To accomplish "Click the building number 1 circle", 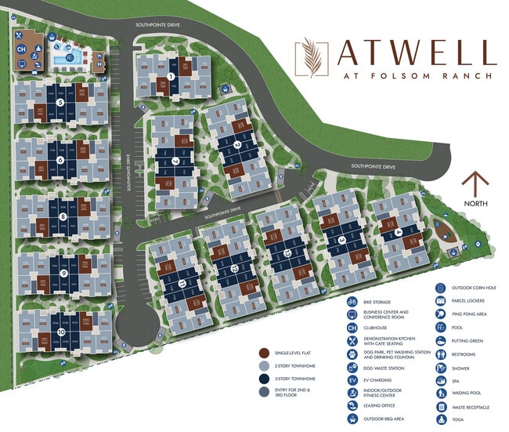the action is pyautogui.click(x=171, y=76).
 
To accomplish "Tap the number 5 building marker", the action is pyautogui.click(x=60, y=102).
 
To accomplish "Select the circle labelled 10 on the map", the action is pyautogui.click(x=61, y=332).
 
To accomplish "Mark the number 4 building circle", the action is pyautogui.click(x=399, y=232).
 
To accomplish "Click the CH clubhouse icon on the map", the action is pyautogui.click(x=23, y=49).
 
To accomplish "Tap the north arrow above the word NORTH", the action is pyautogui.click(x=475, y=183).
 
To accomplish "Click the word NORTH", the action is pyautogui.click(x=475, y=203).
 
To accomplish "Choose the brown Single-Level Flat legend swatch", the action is pyautogui.click(x=265, y=354).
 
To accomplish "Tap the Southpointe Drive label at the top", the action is pyautogui.click(x=157, y=26).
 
